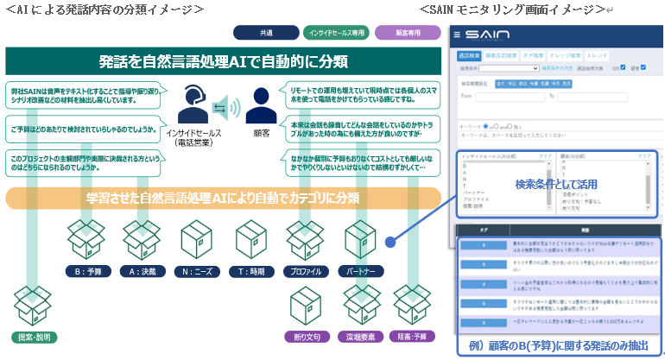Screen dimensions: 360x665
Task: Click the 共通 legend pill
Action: pyautogui.click(x=266, y=33)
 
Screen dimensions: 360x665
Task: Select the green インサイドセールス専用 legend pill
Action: pyautogui.click(x=336, y=33)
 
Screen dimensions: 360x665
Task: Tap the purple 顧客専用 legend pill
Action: pyautogui.click(x=408, y=33)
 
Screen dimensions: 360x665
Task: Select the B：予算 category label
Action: pyautogui.click(x=87, y=271)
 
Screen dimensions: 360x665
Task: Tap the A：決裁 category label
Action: pyautogui.click(x=142, y=271)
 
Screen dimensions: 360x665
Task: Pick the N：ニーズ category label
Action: pyautogui.click(x=199, y=271)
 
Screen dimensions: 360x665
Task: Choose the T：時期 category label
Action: pyautogui.click(x=253, y=271)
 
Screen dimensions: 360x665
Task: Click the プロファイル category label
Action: pyautogui.click(x=307, y=271)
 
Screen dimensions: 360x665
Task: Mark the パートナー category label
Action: pyautogui.click(x=361, y=271)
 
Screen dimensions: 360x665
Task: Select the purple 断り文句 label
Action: pyautogui.click(x=307, y=336)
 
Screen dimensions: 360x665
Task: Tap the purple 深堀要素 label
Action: pyautogui.click(x=362, y=336)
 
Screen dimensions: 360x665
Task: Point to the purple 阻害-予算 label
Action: pyautogui.click(x=412, y=336)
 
